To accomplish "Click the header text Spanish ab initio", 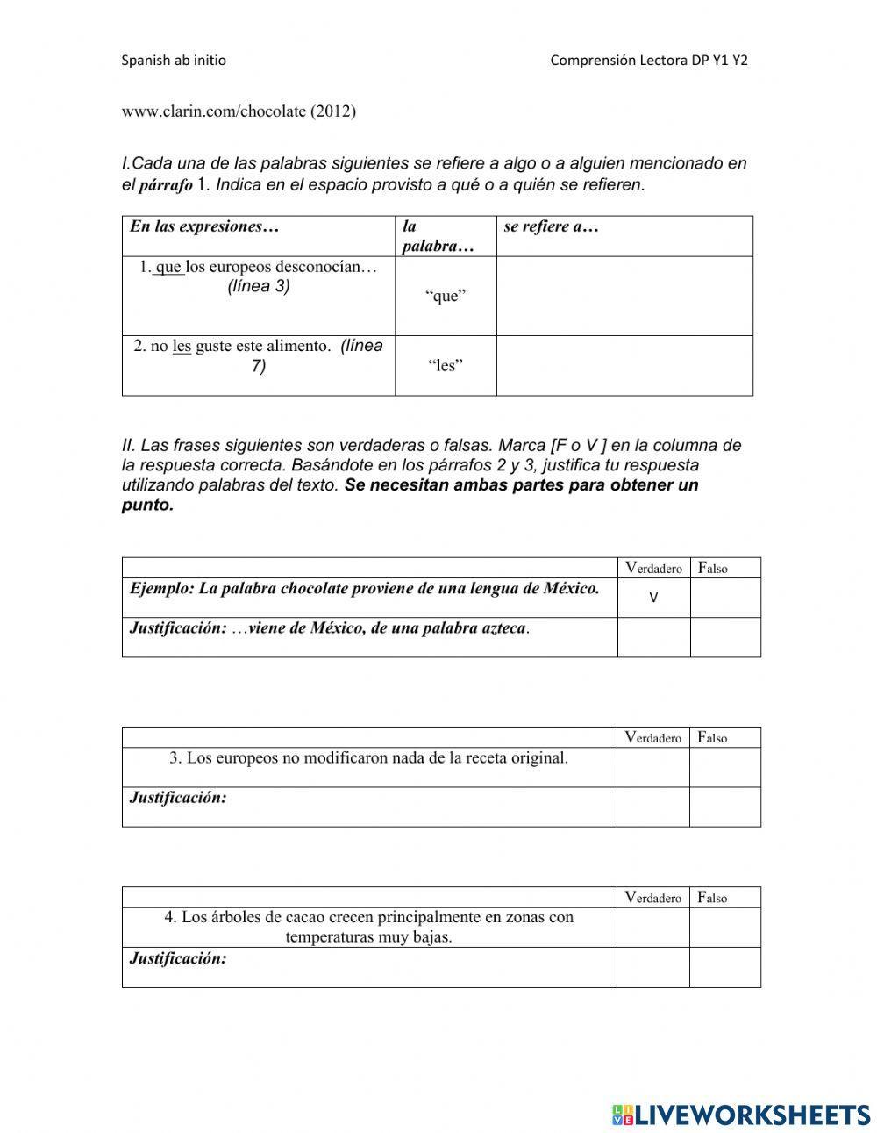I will point(174,61).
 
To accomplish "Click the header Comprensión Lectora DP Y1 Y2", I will point(649,61).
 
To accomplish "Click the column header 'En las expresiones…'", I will point(204,226).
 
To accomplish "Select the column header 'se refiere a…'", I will point(551,226).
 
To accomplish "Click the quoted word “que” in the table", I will point(446,296).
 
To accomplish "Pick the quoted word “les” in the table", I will point(446,366).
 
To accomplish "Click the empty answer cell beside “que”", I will point(624,296).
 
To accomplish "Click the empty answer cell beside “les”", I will point(624,366).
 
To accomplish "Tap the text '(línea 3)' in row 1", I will point(258,286).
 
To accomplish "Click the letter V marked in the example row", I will point(653,598).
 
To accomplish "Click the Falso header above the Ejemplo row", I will point(713,568).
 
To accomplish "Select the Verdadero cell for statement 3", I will point(652,767).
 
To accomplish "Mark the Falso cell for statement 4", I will point(724,928).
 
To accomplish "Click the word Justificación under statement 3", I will point(178,798).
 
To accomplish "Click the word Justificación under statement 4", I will point(178,958).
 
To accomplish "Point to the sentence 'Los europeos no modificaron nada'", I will point(368,757).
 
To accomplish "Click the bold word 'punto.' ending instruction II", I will point(147,506).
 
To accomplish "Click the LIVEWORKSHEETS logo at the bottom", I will point(741,1115).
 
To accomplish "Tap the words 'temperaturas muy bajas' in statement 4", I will point(368,937).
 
